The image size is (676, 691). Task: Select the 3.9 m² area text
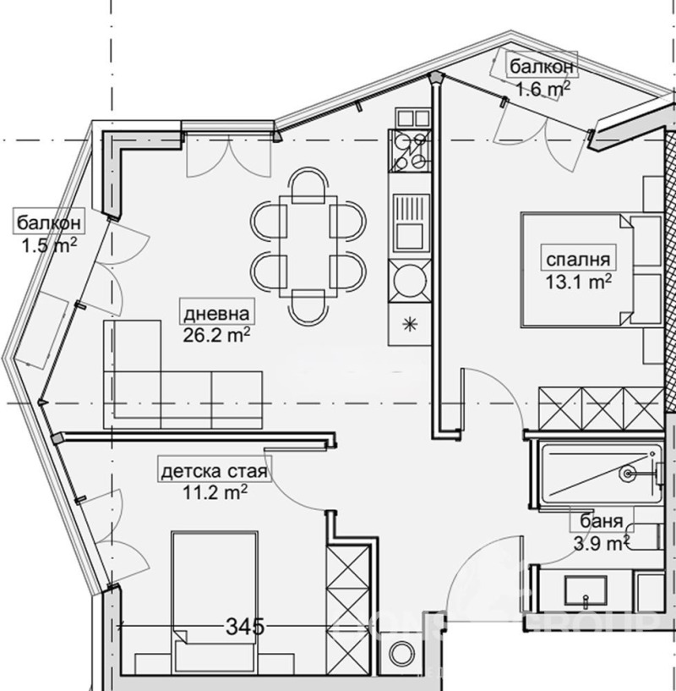(602, 542)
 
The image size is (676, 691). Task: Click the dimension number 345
(242, 626)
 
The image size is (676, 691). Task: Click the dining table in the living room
(308, 246)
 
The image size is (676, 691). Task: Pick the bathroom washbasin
(586, 591)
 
